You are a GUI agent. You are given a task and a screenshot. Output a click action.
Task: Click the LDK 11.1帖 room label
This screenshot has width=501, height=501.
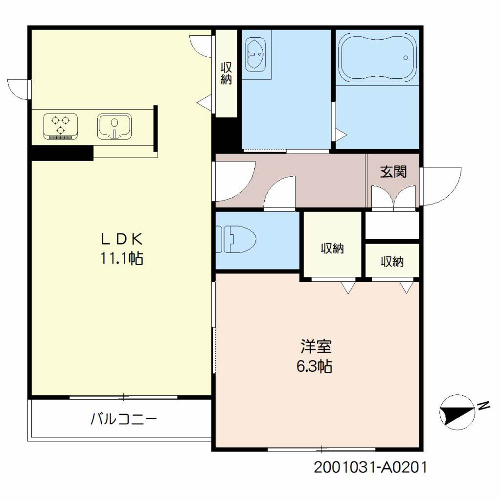122,249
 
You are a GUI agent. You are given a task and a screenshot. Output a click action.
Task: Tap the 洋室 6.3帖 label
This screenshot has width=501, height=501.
315,356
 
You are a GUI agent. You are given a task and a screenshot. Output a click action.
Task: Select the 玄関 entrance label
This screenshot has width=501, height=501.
393,172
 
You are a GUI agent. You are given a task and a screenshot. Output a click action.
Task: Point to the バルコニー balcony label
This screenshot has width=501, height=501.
124,419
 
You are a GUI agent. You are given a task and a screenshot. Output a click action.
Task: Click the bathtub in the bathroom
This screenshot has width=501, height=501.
377,58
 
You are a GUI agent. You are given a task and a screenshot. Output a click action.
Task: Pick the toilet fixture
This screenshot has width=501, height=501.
236,239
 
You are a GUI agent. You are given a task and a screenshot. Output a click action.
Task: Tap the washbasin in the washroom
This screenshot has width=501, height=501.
255,55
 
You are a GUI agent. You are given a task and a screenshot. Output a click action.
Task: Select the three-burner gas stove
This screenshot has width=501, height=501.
61,126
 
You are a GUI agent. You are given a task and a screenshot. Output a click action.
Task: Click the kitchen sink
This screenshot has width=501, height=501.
114,127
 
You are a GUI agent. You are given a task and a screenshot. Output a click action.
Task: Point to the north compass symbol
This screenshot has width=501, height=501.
457,412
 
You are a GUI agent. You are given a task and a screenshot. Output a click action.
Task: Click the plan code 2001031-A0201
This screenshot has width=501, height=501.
370,467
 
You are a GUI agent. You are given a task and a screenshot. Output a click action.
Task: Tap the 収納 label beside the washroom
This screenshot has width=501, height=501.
226,73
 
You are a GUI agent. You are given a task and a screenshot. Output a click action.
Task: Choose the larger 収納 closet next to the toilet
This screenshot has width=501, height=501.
332,248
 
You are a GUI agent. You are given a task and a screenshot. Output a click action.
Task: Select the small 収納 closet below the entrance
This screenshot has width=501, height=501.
392,262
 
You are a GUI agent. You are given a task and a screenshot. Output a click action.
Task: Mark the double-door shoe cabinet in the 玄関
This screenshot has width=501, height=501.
394,198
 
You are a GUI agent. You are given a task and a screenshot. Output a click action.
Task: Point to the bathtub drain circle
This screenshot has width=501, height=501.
406,58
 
